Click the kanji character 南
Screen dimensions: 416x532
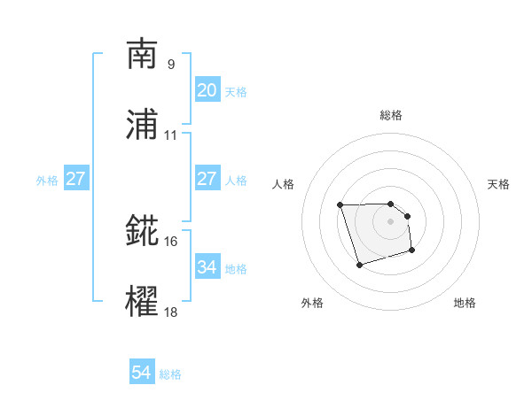(x=142, y=54)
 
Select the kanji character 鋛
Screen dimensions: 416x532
(x=142, y=231)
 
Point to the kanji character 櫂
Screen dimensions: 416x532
(x=142, y=302)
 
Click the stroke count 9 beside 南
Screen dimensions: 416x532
(x=170, y=64)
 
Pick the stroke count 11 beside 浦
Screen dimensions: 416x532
(x=170, y=135)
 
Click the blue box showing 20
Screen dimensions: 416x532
(x=207, y=90)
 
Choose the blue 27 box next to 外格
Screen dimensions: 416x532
(x=76, y=180)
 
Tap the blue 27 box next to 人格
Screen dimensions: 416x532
(x=207, y=179)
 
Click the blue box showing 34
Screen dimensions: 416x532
(x=207, y=267)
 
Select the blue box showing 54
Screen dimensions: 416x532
(x=142, y=374)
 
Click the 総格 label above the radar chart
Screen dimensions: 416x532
(x=391, y=115)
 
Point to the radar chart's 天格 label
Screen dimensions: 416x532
(x=499, y=184)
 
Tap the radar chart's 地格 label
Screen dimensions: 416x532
(x=465, y=303)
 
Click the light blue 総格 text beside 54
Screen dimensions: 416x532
(x=170, y=374)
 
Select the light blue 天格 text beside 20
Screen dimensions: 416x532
(x=236, y=91)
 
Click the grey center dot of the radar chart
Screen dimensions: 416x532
(x=391, y=220)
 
